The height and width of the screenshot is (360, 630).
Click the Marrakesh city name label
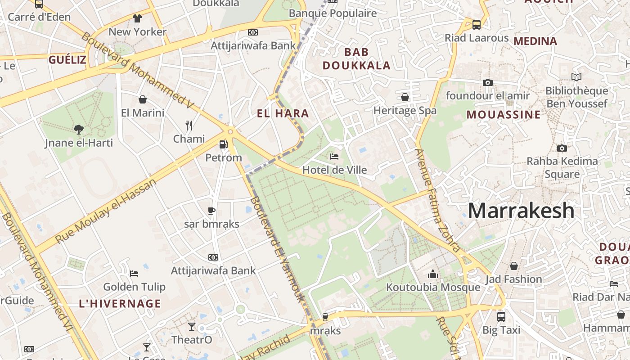522,211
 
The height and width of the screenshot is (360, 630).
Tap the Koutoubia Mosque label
433,287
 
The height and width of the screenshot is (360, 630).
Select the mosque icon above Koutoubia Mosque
433,274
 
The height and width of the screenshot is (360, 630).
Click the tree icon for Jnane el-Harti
79,130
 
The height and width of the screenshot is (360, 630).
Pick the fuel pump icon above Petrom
223,144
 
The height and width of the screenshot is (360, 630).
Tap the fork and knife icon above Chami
189,125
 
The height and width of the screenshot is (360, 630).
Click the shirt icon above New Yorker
137,18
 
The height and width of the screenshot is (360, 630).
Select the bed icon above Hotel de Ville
334,157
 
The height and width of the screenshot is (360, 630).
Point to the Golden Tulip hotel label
134,287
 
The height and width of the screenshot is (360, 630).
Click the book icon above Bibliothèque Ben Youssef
576,77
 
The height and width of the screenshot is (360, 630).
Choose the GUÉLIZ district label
67,59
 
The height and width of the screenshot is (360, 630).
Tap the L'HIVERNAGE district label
120,303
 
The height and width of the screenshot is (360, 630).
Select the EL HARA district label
283,113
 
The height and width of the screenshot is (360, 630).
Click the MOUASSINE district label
503,114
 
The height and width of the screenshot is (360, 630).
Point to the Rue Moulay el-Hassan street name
106,211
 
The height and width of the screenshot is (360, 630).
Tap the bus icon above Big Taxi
501,316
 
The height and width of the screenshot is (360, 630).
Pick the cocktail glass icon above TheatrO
192,326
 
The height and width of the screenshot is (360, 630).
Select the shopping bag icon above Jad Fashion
513,266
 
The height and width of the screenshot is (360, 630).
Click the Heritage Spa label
405,110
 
